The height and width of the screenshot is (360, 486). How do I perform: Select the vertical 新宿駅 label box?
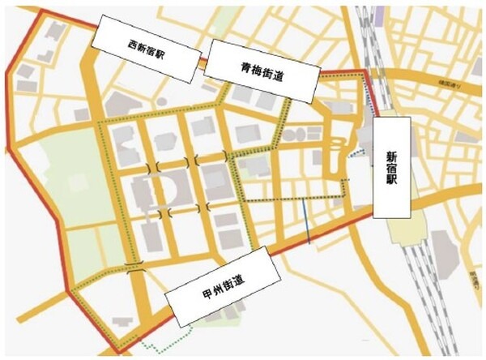pos(392,167)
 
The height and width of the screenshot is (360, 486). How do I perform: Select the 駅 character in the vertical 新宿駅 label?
pos(392,192)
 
